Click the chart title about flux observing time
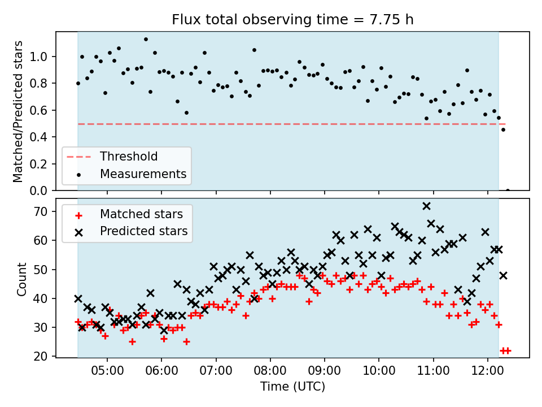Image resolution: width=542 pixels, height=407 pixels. tap(292, 20)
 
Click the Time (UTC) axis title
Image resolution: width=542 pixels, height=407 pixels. tap(292, 387)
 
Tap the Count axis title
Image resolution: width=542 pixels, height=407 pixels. tap(21, 279)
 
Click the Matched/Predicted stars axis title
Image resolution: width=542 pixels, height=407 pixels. tap(18, 111)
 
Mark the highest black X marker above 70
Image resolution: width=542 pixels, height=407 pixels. tap(426, 206)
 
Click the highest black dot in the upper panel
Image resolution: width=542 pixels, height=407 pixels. tap(146, 39)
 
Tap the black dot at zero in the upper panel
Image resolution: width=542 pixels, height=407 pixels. tap(508, 190)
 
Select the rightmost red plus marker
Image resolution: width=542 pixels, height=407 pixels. tap(508, 350)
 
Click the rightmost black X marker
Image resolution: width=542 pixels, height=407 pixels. tap(503, 276)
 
